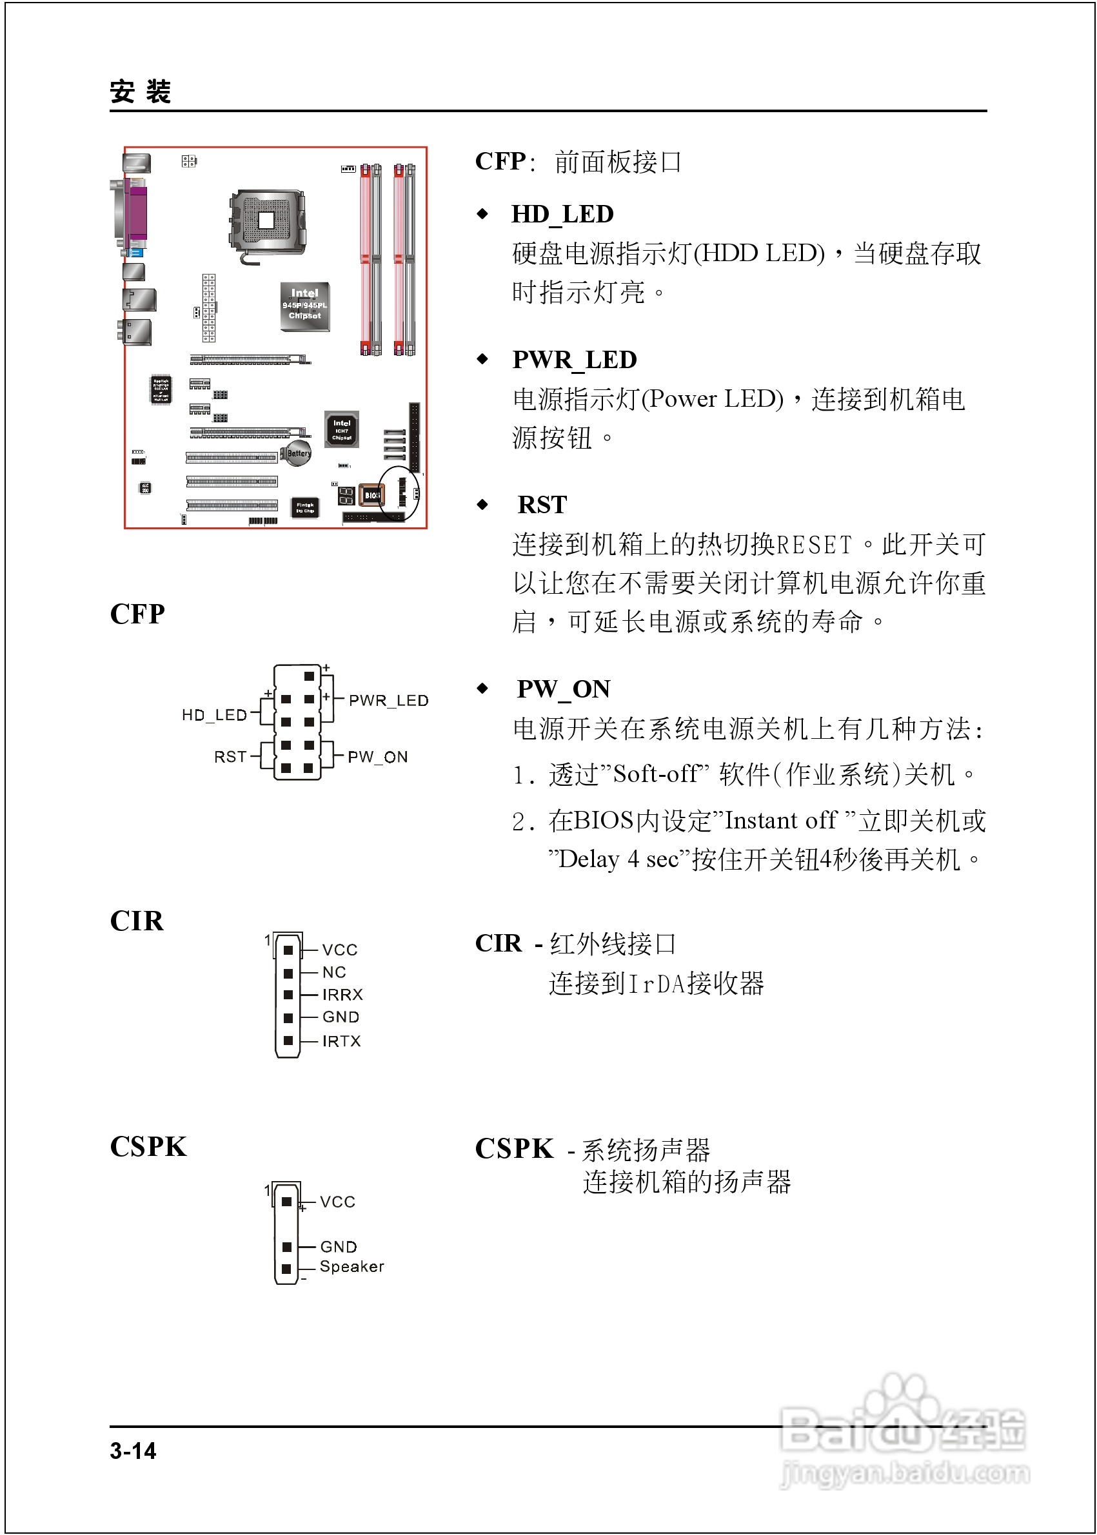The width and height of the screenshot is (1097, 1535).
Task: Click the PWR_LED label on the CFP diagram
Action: coord(388,700)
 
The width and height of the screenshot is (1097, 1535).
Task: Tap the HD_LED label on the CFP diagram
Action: coord(214,714)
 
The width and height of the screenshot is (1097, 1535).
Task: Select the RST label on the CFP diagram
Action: coord(230,756)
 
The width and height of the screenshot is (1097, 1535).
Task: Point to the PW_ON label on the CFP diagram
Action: coord(378,756)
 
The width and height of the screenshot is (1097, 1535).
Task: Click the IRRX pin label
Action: coord(342,994)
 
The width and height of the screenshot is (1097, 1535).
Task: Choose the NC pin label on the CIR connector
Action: coord(334,972)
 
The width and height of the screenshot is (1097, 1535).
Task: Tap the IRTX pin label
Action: coord(341,1041)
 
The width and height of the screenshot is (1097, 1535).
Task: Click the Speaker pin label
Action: coord(352,1266)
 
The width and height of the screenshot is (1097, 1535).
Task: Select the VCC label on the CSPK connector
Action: coord(337,1202)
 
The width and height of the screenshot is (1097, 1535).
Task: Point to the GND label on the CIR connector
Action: coord(341,1017)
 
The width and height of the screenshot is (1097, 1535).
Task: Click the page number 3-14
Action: coord(133,1451)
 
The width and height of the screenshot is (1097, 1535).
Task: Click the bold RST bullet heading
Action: coord(542,504)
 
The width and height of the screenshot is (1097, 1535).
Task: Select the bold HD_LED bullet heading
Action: coord(562,214)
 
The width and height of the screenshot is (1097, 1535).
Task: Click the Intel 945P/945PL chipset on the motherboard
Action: coord(304,306)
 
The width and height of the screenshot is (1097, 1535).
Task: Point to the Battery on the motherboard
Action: coord(298,453)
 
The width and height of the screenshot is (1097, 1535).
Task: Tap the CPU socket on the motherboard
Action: coord(267,221)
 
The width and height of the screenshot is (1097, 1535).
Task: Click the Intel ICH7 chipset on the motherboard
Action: coord(342,429)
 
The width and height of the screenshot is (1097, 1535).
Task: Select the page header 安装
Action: coord(141,91)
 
